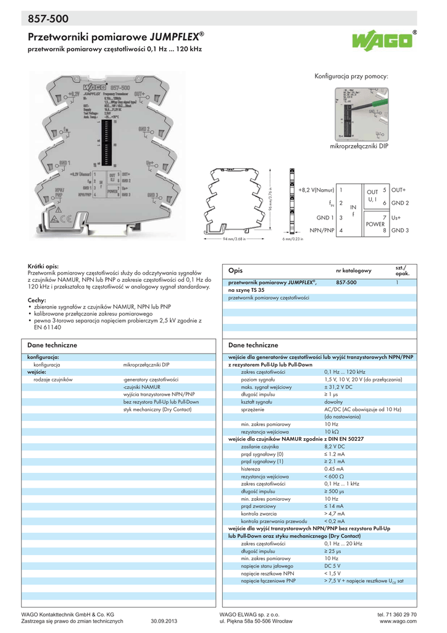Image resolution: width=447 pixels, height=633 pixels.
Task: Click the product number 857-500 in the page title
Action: coord(48,20)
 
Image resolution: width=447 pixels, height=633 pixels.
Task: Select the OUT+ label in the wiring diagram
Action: coord(399,190)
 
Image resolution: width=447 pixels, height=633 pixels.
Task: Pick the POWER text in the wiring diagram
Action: coord(375,224)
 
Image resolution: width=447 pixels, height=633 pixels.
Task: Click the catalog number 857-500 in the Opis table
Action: coord(346,282)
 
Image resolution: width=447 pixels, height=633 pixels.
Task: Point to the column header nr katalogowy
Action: coord(353,271)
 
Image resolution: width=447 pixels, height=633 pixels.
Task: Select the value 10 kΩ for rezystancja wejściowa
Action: coord(331,431)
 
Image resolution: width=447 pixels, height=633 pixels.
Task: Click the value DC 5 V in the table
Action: coord(333,566)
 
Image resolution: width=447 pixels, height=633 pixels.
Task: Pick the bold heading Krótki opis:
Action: coord(43,265)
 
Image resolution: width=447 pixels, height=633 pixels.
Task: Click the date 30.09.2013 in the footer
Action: coord(164,621)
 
